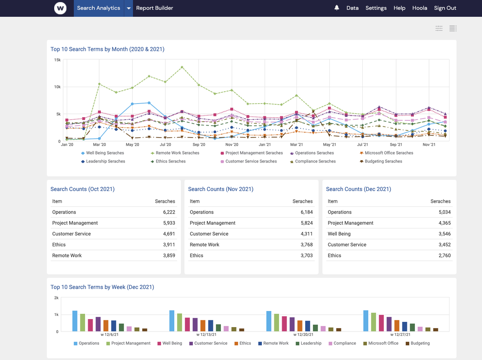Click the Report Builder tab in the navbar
point(155,8)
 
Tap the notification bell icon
point(337,8)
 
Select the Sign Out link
point(445,8)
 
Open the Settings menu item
point(376,8)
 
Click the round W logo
point(60,8)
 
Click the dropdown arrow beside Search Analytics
point(129,8)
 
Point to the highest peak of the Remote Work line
point(182,67)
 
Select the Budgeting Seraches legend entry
point(383,161)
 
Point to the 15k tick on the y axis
point(57,60)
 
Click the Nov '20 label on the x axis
point(231,144)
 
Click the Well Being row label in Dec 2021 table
point(339,234)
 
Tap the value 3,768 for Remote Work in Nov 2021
point(306,245)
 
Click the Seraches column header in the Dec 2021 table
point(440,201)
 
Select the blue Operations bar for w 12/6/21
point(75,321)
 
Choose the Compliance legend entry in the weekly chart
point(344,344)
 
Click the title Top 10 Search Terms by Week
point(102,287)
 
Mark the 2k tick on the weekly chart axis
point(56,298)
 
